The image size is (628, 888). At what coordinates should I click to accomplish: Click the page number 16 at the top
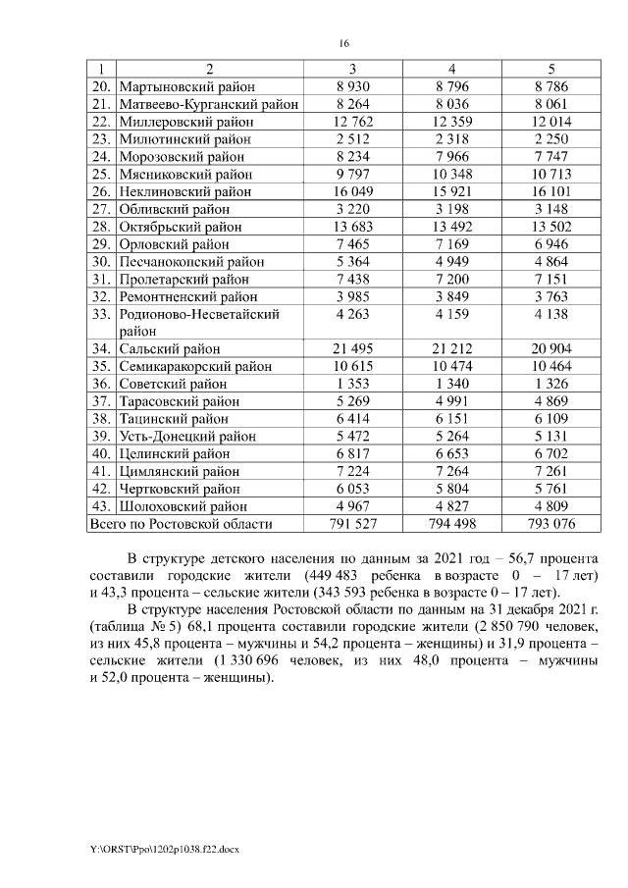[344, 43]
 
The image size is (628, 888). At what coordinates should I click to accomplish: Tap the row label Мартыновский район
[183, 86]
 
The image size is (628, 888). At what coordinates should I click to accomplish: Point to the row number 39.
[101, 437]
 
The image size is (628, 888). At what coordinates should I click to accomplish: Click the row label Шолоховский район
[182, 507]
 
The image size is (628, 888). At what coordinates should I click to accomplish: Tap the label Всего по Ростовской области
[181, 525]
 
